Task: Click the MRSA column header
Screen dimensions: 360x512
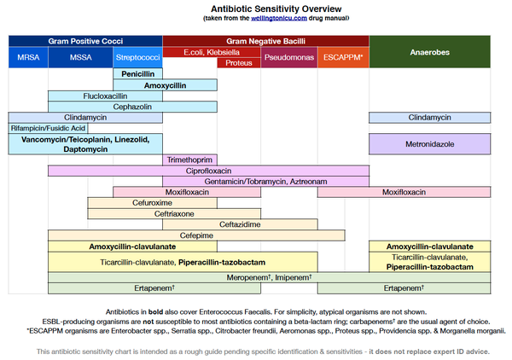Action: [28, 58]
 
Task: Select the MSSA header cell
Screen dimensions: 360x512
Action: [81, 58]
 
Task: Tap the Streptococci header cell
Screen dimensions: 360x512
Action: [137, 58]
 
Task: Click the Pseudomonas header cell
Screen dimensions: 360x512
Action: [290, 58]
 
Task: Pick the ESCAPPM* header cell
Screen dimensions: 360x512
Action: [343, 58]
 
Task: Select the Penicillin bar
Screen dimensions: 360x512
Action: [137, 74]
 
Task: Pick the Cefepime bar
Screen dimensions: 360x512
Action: [196, 235]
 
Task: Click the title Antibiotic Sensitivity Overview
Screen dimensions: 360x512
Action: [256, 9]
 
